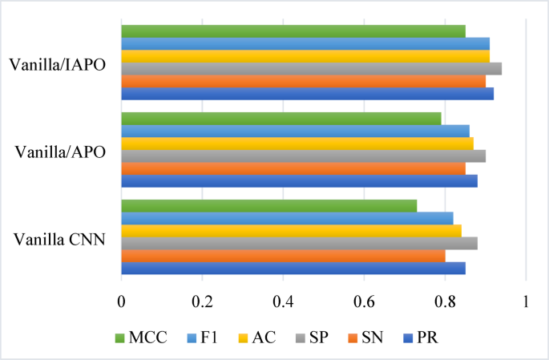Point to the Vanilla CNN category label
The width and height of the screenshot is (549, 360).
(x=60, y=238)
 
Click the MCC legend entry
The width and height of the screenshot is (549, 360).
(x=141, y=337)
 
